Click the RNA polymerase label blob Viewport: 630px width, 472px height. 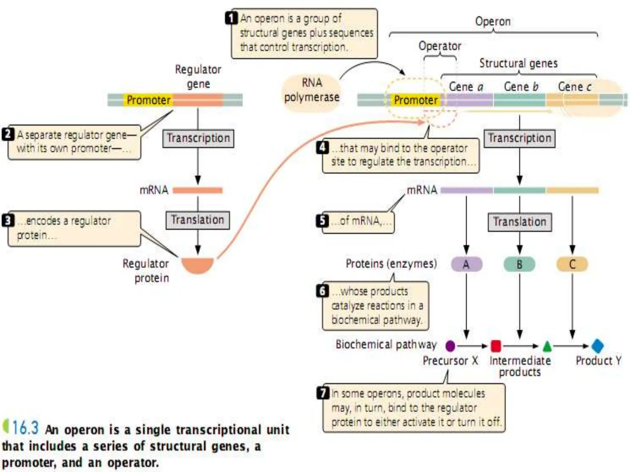tap(311, 90)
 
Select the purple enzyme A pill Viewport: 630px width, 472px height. tap(466, 264)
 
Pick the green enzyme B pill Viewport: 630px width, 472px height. tap(519, 264)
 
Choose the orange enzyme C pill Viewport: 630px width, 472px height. tap(572, 264)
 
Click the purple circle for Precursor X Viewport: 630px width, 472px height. tap(450, 346)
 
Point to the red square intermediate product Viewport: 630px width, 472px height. tap(496, 346)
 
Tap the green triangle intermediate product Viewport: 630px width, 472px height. tap(547, 347)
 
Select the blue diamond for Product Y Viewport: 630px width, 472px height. tap(597, 346)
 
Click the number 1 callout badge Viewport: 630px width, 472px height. tap(231, 18)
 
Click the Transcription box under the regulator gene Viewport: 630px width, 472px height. tap(198, 138)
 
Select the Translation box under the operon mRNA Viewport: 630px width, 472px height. tap(520, 222)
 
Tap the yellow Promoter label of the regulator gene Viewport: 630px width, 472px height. tap(148, 100)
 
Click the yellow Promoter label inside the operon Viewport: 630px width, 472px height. tap(416, 100)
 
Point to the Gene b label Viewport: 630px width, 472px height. tap(521, 87)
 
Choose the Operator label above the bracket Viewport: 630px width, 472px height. tap(440, 46)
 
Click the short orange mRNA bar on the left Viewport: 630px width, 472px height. tap(197, 191)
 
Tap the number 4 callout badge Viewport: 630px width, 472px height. tap(322, 148)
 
